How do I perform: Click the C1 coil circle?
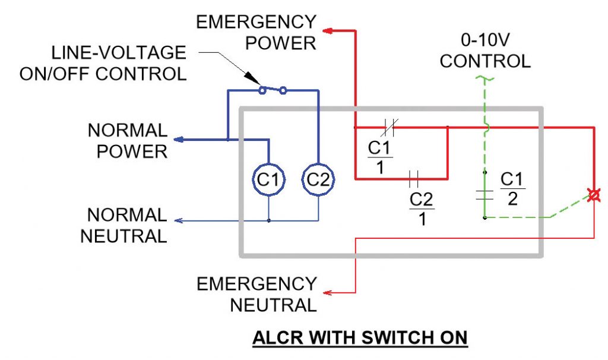(x=269, y=179)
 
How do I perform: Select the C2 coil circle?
(x=318, y=179)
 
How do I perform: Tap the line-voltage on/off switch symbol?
(x=273, y=90)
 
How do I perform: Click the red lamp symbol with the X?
(x=592, y=194)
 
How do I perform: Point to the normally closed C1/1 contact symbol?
(x=390, y=127)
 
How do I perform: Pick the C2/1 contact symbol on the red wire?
(x=414, y=178)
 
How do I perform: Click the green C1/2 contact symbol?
(x=485, y=194)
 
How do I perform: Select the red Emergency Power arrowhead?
(x=327, y=30)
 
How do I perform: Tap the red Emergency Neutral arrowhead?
(x=327, y=293)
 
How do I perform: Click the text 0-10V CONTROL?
(x=485, y=51)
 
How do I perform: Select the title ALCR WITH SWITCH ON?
(x=360, y=337)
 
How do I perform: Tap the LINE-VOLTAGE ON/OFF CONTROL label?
(x=103, y=64)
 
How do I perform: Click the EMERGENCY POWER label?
(x=256, y=33)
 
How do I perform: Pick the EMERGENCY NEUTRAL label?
(x=256, y=295)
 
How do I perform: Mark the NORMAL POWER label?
(x=127, y=140)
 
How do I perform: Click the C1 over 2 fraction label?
(x=513, y=188)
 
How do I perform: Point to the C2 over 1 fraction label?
(x=422, y=209)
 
